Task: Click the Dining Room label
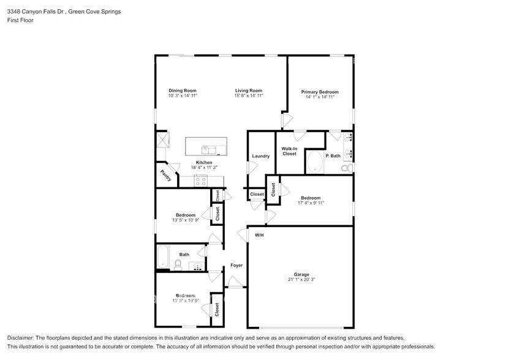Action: [x=183, y=91]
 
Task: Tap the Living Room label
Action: [x=249, y=91]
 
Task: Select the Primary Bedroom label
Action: [x=320, y=92]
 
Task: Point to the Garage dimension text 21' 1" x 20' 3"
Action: [x=301, y=279]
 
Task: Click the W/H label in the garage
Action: [x=259, y=235]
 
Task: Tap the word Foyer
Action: [x=236, y=265]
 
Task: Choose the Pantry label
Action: [x=165, y=175]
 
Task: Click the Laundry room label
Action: [x=260, y=156]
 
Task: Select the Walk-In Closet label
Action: [x=289, y=151]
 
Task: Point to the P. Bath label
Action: [x=333, y=156]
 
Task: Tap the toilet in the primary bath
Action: [x=347, y=167]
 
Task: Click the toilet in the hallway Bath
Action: [x=178, y=264]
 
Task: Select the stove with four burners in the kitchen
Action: [x=202, y=180]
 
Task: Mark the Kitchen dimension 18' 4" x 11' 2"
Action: [x=204, y=167]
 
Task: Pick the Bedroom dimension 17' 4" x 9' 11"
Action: [x=311, y=203]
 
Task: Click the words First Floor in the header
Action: [x=20, y=20]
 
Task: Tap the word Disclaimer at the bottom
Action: [x=22, y=338]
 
